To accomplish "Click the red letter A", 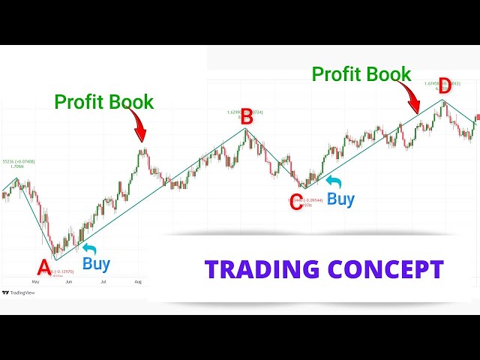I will click(x=43, y=267).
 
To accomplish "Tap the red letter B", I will click(x=247, y=116).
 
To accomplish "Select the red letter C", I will click(x=296, y=202).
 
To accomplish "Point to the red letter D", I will click(x=445, y=84).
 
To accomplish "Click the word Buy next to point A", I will click(x=97, y=263).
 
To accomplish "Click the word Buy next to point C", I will click(x=341, y=199).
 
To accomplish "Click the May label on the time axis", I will click(x=34, y=281).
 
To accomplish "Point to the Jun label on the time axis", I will click(x=70, y=281).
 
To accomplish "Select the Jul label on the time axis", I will click(x=103, y=281).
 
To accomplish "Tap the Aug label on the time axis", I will click(x=138, y=281).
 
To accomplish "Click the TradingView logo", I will click(x=18, y=292).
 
